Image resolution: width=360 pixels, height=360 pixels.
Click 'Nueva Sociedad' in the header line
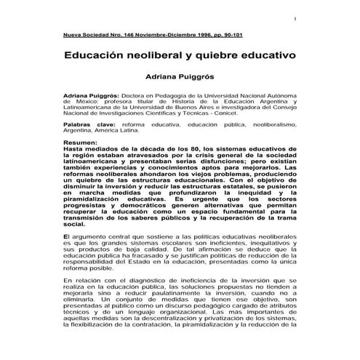(86, 34)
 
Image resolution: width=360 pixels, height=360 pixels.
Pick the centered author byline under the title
(180, 75)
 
